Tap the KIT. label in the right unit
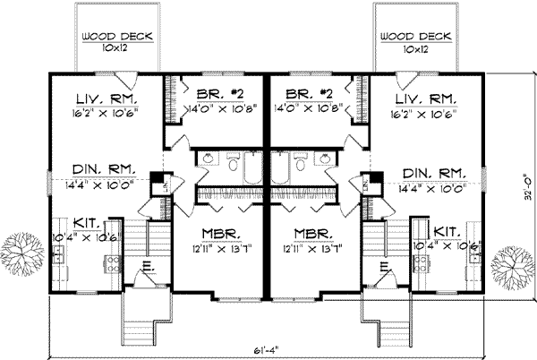[444, 231]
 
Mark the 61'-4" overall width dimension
[268, 347]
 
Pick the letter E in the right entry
[383, 266]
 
